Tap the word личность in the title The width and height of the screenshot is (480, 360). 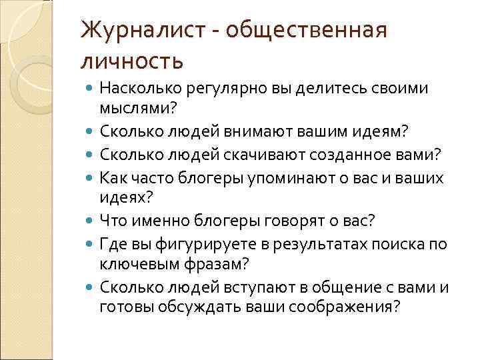(131, 61)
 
